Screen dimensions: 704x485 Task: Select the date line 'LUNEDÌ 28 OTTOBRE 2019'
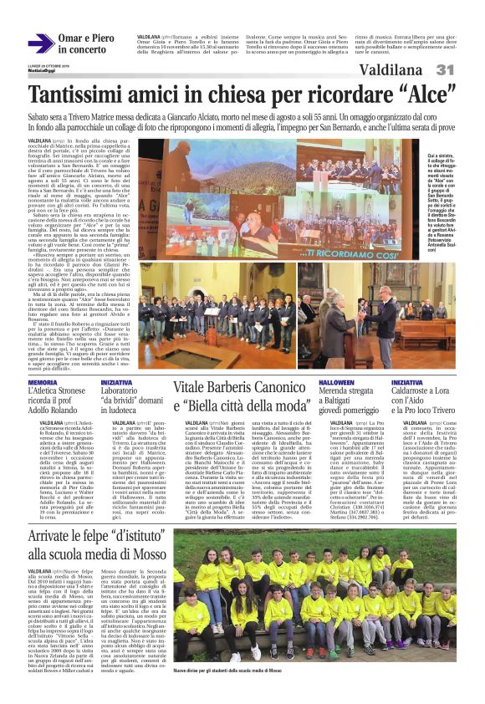(x=47, y=68)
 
